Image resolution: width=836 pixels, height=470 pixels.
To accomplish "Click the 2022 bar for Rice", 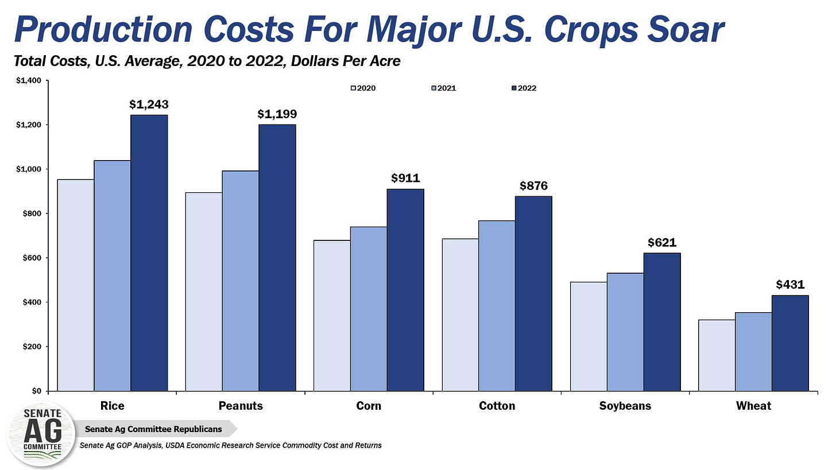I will (149, 253).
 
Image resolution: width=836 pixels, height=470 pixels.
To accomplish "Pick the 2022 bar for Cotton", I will (533, 293).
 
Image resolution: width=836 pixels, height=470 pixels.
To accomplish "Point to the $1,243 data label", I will (149, 104).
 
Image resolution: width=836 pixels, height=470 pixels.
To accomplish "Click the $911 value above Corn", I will (405, 178).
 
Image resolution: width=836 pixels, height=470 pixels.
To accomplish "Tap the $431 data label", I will (791, 285).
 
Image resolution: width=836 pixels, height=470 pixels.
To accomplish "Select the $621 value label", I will (662, 242).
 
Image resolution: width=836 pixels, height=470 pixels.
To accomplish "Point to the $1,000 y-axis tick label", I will (27, 169).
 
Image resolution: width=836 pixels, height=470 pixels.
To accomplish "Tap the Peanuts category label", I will (241, 406).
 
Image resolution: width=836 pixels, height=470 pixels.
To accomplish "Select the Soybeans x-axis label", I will (625, 406).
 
